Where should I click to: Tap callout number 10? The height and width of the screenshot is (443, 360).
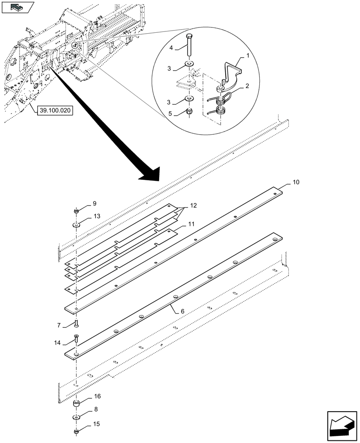tap(296, 182)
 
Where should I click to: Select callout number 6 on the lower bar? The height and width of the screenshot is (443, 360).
tap(182, 311)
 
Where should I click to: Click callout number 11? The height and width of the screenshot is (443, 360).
tap(191, 225)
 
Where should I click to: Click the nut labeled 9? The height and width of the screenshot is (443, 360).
tap(77, 211)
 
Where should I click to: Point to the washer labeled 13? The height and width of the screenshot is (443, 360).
tap(77, 225)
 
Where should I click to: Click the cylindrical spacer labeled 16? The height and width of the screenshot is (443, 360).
tap(77, 404)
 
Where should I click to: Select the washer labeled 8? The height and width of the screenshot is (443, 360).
tap(77, 418)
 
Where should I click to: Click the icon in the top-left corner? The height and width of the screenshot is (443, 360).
tap(18, 8)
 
